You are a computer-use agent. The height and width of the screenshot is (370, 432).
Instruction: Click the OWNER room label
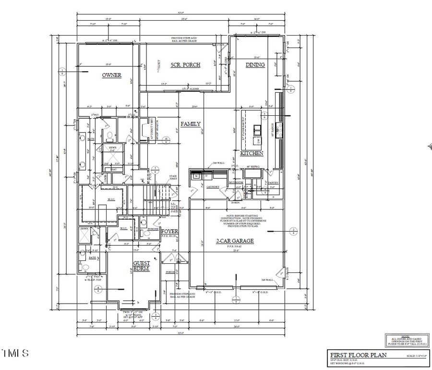click(x=111, y=75)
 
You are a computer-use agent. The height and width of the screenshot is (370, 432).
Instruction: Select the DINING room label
click(x=255, y=65)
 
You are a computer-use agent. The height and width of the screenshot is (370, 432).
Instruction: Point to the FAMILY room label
click(x=190, y=124)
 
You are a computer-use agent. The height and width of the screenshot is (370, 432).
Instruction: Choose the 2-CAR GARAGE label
click(x=234, y=241)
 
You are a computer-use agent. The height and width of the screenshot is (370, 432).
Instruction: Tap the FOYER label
click(x=169, y=232)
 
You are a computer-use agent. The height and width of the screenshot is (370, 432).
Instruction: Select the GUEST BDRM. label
click(x=141, y=266)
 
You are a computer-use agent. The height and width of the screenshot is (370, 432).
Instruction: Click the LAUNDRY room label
click(x=213, y=186)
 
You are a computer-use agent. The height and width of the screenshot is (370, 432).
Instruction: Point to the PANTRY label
click(x=273, y=183)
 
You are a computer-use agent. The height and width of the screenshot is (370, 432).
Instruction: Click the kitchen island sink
click(x=256, y=129)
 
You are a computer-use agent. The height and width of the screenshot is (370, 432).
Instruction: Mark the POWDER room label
click(x=153, y=229)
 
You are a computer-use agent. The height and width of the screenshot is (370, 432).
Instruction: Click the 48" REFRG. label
click(x=253, y=167)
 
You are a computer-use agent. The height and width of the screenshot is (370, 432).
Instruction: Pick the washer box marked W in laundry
click(x=196, y=176)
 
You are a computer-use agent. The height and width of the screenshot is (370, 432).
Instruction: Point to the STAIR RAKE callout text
click(x=173, y=178)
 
